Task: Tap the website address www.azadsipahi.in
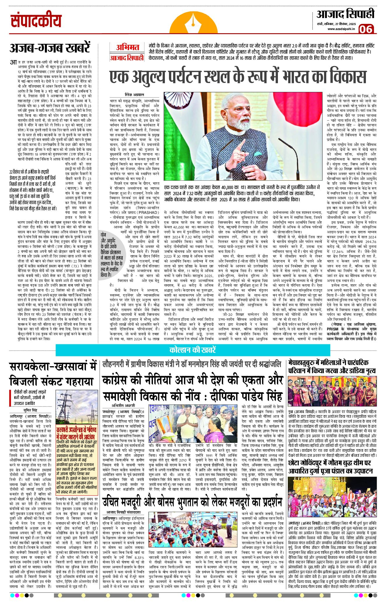341,29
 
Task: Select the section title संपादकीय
36,21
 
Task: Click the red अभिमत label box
127,47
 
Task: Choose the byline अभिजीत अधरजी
124,406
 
